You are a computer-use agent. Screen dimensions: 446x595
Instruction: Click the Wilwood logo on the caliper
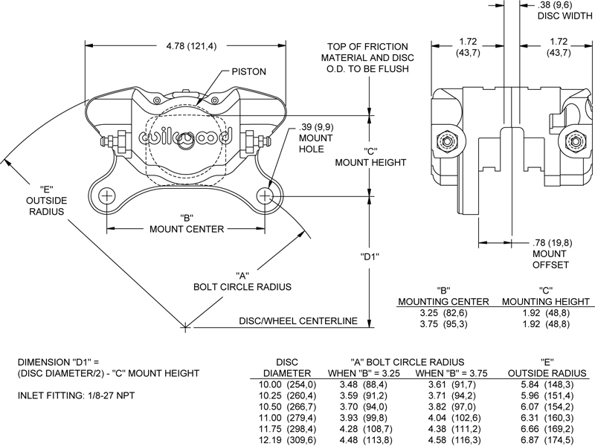tap(186, 137)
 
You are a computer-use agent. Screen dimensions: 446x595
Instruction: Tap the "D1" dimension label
tap(370, 257)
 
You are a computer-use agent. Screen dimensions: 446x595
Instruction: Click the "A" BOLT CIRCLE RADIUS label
tap(242, 280)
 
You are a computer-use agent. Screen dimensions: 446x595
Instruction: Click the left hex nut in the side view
tap(448, 140)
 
